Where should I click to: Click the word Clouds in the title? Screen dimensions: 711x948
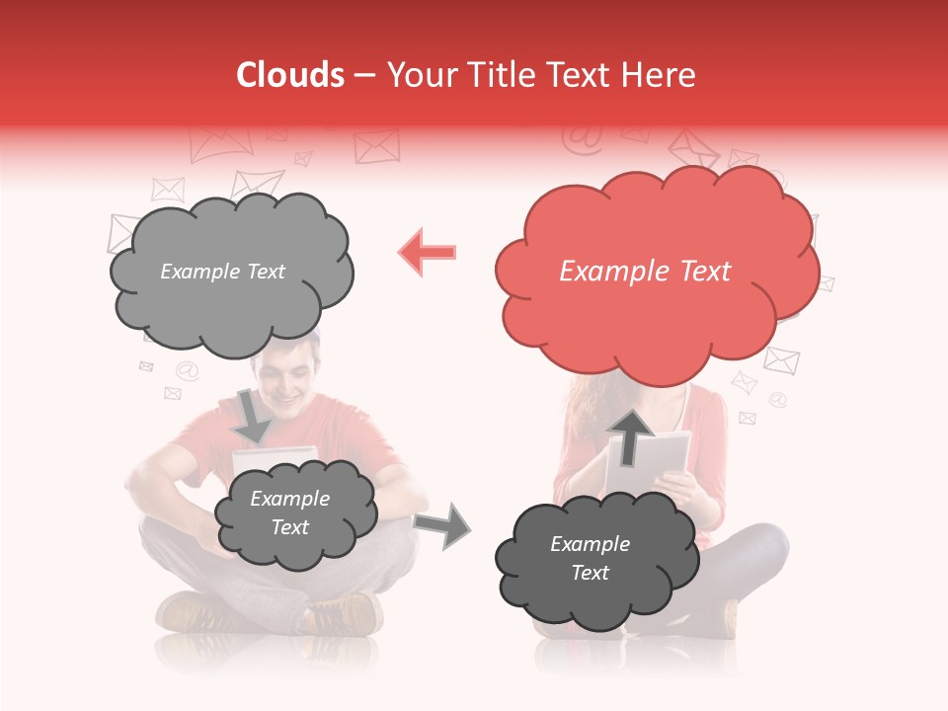[x=290, y=75]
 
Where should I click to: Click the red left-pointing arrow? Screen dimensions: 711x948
[x=428, y=252]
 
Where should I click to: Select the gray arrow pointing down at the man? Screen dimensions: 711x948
[x=253, y=415]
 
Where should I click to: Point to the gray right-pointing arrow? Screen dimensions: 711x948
[x=442, y=525]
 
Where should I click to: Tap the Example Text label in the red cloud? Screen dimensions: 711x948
[x=645, y=272]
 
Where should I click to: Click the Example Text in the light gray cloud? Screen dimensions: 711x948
[x=223, y=272]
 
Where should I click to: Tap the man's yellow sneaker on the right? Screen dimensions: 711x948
[x=346, y=614]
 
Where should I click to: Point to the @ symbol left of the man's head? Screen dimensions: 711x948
[x=187, y=371]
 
